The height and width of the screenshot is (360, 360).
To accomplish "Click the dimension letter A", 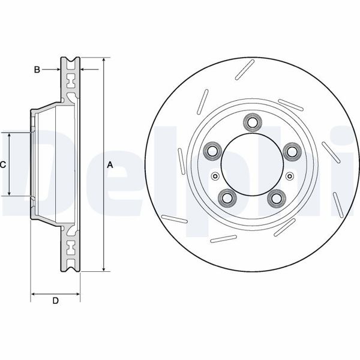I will tap(109, 164).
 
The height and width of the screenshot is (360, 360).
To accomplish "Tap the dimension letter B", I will tap(37, 70).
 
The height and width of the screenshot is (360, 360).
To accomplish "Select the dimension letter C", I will tap(3, 164).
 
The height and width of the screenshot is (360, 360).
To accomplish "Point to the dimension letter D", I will tap(55, 301).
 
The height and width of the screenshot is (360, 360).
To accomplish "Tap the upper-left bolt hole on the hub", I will tap(212, 151).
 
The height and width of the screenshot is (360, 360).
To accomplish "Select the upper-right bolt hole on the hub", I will tap(292, 151).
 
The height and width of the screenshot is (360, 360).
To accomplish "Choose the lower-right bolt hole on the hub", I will tap(277, 196).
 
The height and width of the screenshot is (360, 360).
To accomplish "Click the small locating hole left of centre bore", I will tap(215, 176).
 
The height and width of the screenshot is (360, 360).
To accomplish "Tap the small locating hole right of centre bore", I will tap(289, 176).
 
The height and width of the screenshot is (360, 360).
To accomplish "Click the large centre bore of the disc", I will tap(252, 164).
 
